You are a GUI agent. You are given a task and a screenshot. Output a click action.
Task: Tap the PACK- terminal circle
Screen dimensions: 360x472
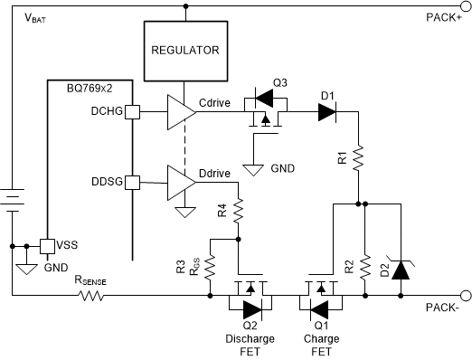coord(465,295)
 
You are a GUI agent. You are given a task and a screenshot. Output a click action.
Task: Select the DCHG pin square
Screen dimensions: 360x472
coord(132,113)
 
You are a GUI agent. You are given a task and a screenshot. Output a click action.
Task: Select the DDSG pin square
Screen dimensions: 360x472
coord(132,183)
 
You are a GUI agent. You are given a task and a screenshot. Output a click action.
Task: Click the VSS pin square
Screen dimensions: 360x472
coord(45,246)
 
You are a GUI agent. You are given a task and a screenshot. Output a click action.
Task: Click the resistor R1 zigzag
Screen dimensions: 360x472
coord(359,159)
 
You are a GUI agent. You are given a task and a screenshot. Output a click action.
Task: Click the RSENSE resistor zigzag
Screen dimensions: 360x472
coord(90,295)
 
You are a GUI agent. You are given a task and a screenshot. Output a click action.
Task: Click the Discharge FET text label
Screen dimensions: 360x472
coord(244,346)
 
